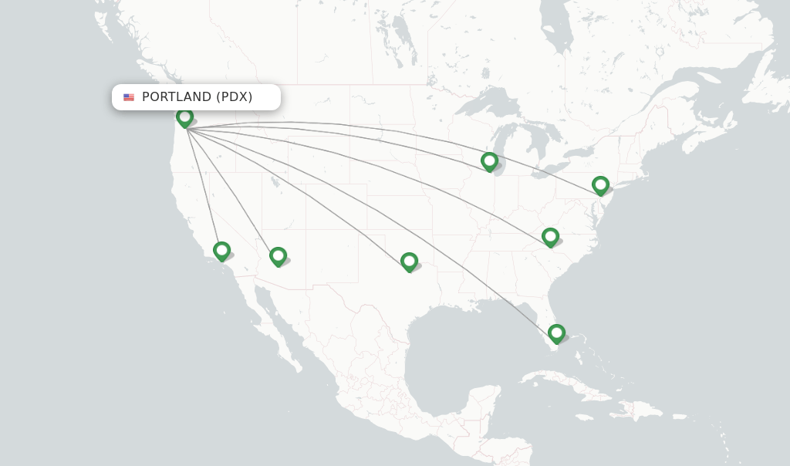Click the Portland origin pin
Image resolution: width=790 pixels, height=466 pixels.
(x=184, y=117)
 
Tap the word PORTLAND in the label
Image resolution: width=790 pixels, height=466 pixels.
(x=177, y=97)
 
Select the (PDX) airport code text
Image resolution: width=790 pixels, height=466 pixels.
(x=234, y=97)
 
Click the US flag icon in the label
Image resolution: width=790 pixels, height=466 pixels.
(x=129, y=97)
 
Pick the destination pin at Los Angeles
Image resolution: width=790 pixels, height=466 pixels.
(x=221, y=251)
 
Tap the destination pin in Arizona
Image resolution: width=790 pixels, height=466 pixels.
(x=278, y=255)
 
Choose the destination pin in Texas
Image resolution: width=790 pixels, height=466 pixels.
(x=409, y=262)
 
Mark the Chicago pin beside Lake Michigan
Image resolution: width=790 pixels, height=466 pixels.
(x=489, y=161)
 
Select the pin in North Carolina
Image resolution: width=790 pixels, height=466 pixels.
(x=550, y=236)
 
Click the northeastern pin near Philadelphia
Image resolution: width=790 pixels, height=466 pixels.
(x=600, y=185)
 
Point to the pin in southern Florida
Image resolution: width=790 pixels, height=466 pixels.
(x=556, y=333)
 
